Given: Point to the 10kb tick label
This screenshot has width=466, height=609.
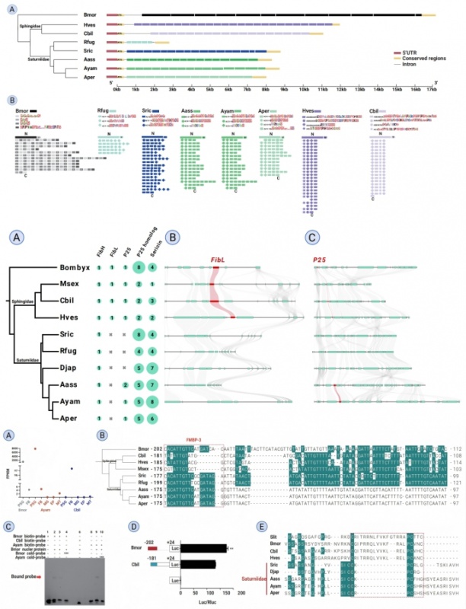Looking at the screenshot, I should [304, 89].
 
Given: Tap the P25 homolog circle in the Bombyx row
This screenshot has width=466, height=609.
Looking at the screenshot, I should [137, 267].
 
